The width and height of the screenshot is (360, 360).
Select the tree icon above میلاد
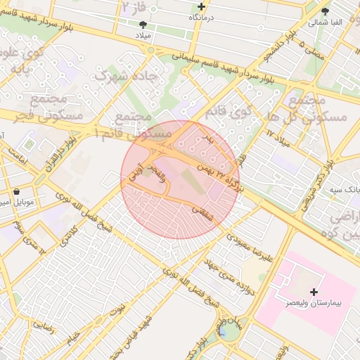click(143, 24)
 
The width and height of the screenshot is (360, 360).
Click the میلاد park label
click(143, 34)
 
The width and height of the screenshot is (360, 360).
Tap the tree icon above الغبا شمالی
click(325, 12)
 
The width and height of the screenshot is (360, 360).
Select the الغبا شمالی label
click(325, 22)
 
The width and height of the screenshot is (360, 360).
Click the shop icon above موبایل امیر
click(16, 191)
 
